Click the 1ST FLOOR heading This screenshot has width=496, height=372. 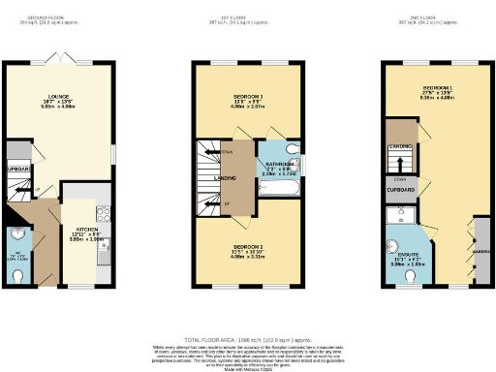pyautogui.click(x=247, y=16)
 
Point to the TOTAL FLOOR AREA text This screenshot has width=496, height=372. pyautogui.click(x=247, y=327)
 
